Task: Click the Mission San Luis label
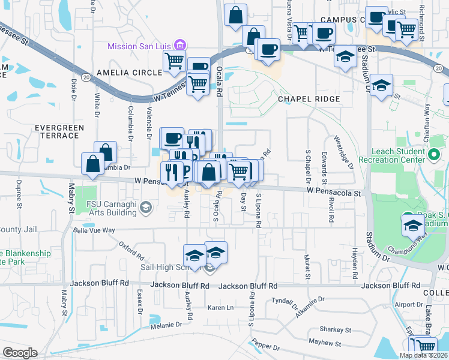pos(139,46)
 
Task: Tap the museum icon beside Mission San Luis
pos(179,45)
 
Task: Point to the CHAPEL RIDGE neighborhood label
pos(309,98)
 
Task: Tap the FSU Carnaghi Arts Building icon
pos(145,207)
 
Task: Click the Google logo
pos(19,353)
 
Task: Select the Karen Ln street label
pos(220,307)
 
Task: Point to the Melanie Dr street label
pos(166,325)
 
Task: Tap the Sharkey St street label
pos(335,329)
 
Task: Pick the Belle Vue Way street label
pos(93,230)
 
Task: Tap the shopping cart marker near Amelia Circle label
pos(174,60)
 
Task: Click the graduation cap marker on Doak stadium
pos(412,226)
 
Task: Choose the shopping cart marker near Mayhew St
pos(425,346)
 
